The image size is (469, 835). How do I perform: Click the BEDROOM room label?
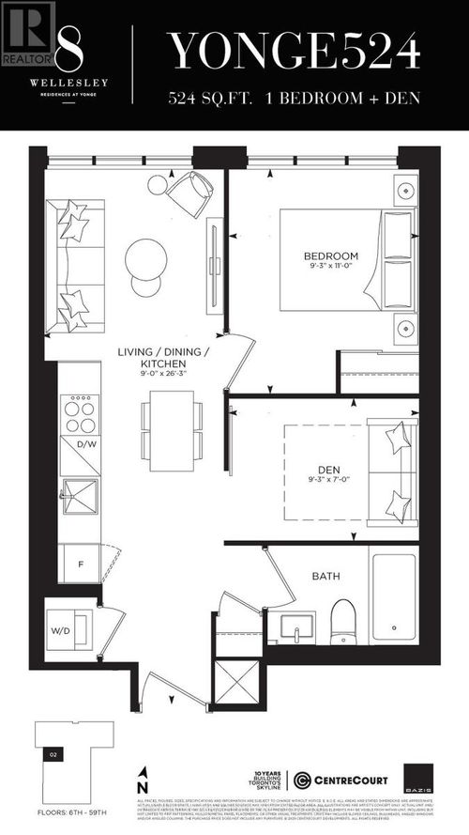(330, 255)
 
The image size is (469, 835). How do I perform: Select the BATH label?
(325, 577)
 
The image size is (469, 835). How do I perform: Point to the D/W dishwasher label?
(87, 443)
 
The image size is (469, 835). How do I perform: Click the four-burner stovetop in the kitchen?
(79, 412)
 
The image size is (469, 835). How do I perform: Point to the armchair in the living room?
(190, 194)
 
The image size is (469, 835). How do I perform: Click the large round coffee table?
(147, 255)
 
